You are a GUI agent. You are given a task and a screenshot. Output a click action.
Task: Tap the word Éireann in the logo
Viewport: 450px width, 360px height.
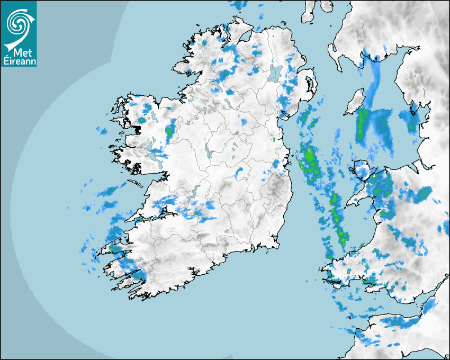(x=19, y=61)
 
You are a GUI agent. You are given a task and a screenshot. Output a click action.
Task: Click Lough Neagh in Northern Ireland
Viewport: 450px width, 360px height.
(x=275, y=73)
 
